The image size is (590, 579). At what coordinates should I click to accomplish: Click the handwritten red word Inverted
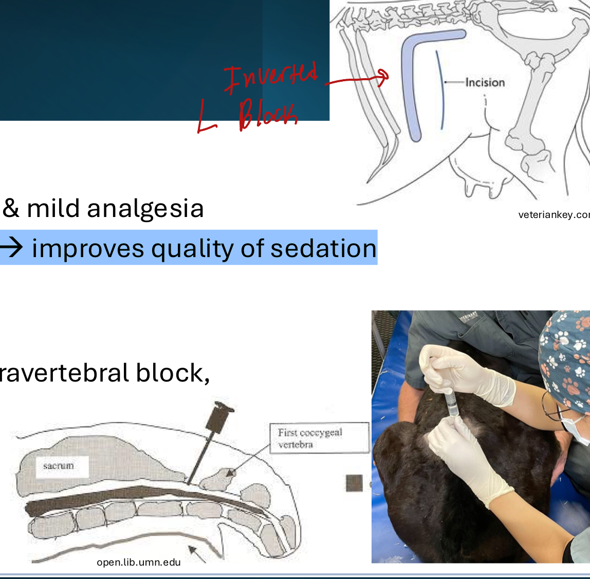point(271,77)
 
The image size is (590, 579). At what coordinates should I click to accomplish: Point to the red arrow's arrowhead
point(383,77)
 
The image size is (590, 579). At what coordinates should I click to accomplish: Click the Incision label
point(485,82)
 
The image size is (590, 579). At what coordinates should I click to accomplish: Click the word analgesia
point(145,209)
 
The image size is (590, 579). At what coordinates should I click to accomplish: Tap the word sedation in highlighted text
point(324,248)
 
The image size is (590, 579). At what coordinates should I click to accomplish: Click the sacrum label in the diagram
point(59,466)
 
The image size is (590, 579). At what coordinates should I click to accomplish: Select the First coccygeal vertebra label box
point(319,438)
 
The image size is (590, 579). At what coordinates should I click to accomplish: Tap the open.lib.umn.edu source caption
point(139,562)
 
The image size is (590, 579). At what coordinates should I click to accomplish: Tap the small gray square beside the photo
point(354,483)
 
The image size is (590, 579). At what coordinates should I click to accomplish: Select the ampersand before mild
point(10,209)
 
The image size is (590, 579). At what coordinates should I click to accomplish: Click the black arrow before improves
point(11,248)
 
